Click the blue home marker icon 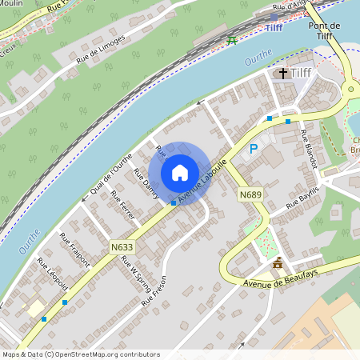[x=180, y=172]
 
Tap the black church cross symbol [x=283, y=74]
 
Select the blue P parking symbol [x=254, y=149]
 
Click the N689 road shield [x=251, y=194]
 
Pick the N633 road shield [x=122, y=247]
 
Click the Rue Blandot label [x=309, y=149]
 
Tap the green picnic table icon [x=233, y=40]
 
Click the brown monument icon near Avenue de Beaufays [x=278, y=263]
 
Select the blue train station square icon [x=274, y=17]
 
